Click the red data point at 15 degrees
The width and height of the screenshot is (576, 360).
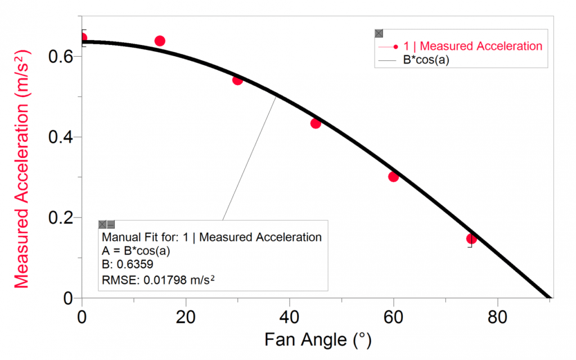(x=160, y=40)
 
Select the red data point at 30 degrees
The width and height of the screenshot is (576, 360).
(x=237, y=80)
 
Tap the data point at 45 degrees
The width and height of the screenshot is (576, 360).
(x=316, y=123)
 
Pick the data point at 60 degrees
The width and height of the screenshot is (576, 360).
(x=394, y=177)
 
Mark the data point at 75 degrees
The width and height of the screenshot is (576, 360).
(x=471, y=238)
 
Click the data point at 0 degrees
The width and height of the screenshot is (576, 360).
(x=83, y=38)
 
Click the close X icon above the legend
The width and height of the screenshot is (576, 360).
(x=379, y=34)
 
